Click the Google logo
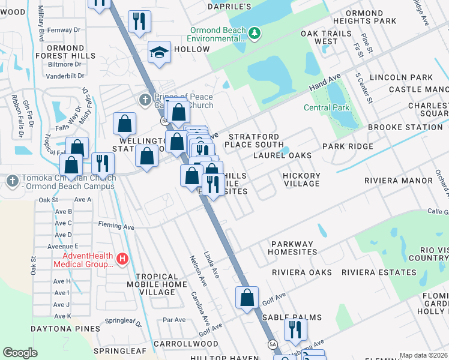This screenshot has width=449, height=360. [20, 353]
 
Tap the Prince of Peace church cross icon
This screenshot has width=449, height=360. [145, 99]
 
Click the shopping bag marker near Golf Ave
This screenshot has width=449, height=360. [247, 298]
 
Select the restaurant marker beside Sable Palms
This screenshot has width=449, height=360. [295, 329]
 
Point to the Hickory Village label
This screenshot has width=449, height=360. [302, 179]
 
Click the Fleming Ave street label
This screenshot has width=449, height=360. [116, 227]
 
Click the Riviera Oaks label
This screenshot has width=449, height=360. [302, 272]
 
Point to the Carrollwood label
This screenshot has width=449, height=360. [177, 344]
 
